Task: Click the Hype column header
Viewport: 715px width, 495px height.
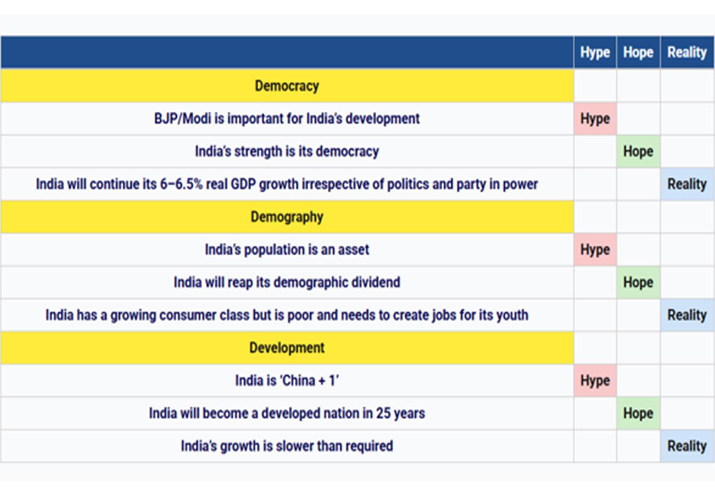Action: tap(595, 52)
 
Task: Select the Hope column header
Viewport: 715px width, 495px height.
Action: tap(638, 52)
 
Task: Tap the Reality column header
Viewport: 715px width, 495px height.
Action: tap(687, 52)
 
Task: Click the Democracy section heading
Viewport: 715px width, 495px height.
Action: tap(287, 86)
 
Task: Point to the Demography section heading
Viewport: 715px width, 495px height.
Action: tap(287, 217)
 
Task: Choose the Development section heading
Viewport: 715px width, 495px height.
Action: tap(287, 347)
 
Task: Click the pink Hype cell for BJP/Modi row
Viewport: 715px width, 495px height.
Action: tap(595, 118)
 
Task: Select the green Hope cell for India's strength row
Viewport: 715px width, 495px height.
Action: tap(638, 151)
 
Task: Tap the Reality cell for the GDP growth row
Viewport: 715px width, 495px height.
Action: tap(687, 184)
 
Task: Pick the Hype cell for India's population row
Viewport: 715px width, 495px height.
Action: tap(595, 250)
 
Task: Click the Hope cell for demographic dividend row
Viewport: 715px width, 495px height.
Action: tap(638, 282)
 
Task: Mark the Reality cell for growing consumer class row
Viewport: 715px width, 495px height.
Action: tap(687, 315)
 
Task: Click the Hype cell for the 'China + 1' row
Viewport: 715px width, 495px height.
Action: tap(595, 380)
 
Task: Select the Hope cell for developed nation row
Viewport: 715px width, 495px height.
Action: tap(638, 413)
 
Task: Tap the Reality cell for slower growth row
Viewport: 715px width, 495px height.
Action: tap(687, 446)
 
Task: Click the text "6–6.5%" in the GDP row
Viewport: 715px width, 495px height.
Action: tap(181, 184)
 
